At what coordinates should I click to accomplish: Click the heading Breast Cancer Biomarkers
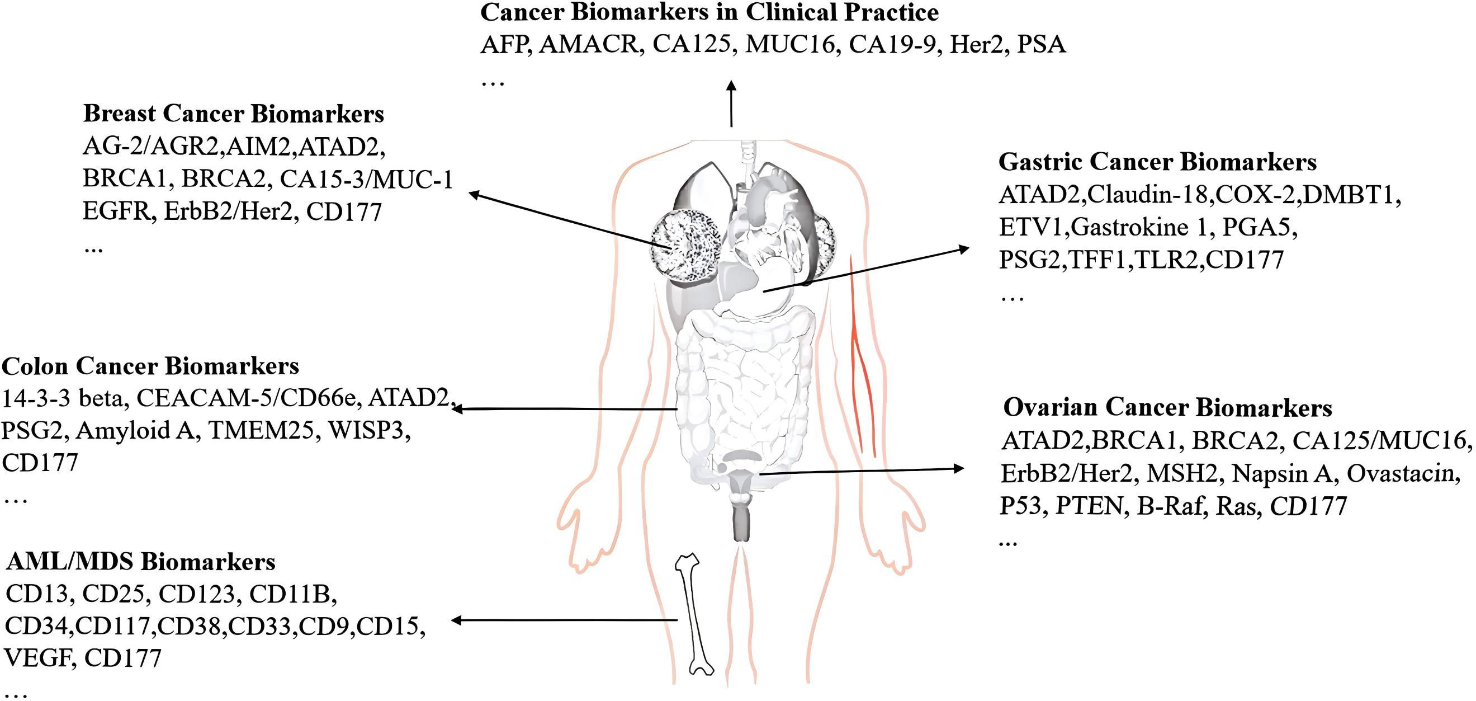click(x=233, y=114)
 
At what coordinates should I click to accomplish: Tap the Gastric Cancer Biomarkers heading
click(x=1157, y=162)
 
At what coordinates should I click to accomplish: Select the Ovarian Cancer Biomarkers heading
click(x=1167, y=407)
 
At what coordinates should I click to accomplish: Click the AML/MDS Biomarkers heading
click(x=141, y=561)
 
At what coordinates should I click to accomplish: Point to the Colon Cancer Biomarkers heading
click(x=150, y=366)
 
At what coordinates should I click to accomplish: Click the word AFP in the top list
click(x=503, y=45)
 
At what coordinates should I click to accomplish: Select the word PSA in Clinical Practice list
click(x=1041, y=45)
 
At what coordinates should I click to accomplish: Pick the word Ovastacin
click(x=1402, y=473)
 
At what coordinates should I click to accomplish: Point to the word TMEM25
click(x=261, y=430)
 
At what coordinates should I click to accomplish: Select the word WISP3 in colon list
click(x=369, y=430)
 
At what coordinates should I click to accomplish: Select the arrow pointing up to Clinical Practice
click(x=731, y=103)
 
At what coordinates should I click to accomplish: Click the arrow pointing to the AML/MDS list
click(x=564, y=620)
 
